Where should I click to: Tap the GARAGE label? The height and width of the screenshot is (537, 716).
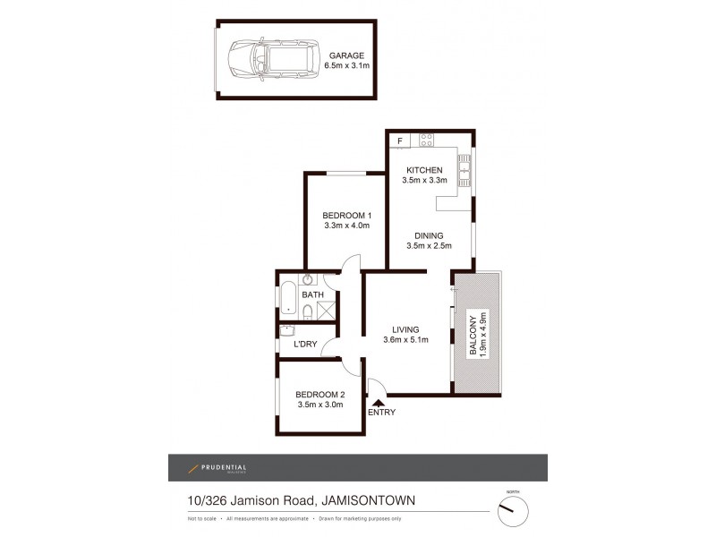[x=346, y=55]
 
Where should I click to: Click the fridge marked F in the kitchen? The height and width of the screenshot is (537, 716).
[x=399, y=140]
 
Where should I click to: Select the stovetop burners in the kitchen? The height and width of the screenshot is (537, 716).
[x=427, y=140]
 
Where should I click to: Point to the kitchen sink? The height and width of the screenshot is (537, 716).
[x=464, y=167]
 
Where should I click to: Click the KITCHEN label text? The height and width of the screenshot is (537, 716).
[x=425, y=170]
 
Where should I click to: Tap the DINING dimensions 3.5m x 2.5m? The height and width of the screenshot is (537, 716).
[x=429, y=246]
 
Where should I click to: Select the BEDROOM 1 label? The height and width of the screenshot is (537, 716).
[x=346, y=215]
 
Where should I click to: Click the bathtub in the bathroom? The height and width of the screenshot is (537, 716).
[x=288, y=298]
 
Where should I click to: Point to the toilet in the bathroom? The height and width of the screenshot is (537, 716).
[x=306, y=311]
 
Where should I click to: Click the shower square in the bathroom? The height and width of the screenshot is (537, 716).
[x=328, y=311]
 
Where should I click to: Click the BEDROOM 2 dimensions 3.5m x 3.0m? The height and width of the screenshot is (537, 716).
[x=320, y=405]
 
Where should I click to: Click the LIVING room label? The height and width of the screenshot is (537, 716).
[x=405, y=328]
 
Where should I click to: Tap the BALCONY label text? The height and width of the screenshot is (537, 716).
[x=473, y=335]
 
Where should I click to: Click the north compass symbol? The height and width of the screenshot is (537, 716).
[x=513, y=511]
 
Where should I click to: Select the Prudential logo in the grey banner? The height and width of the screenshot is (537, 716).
[x=217, y=468]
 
